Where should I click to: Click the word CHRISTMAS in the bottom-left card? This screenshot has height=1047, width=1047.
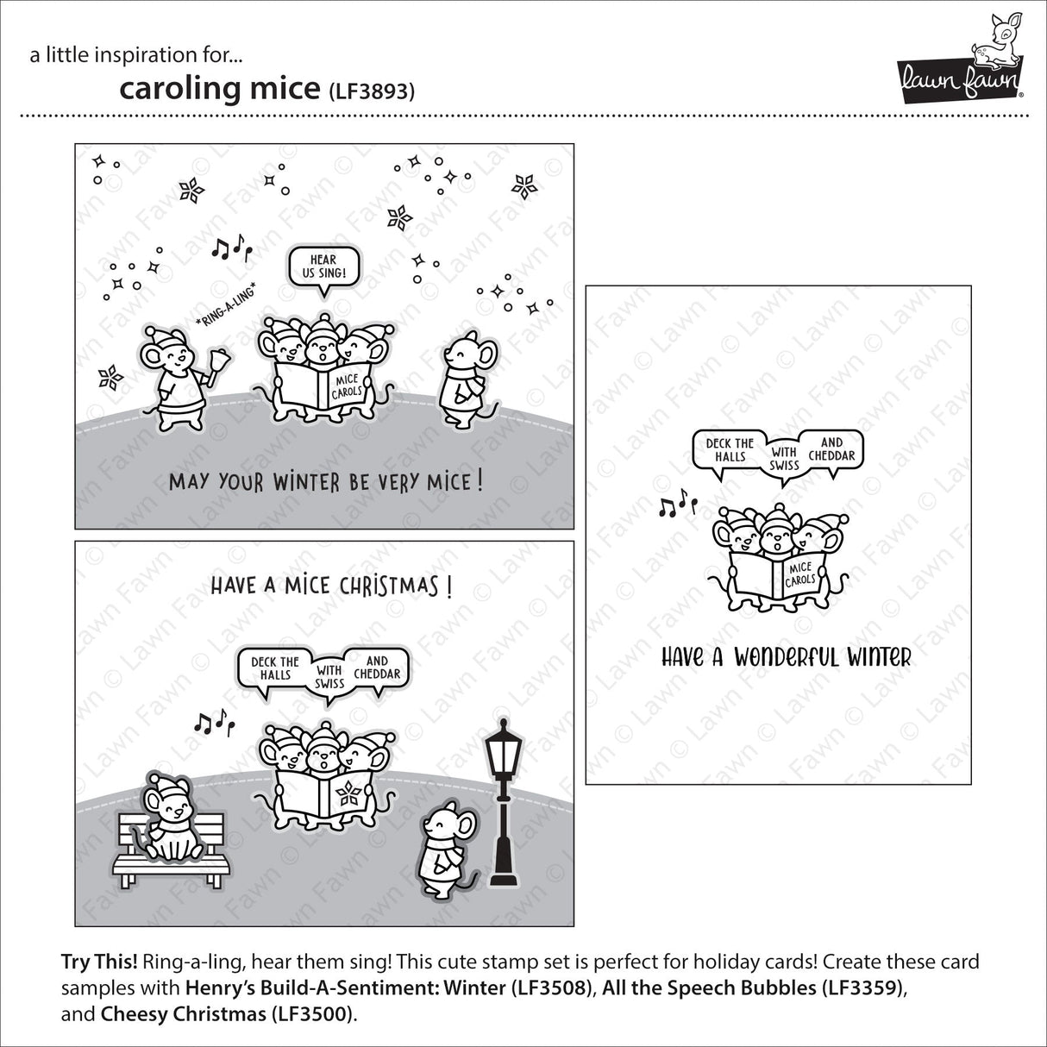point(388,586)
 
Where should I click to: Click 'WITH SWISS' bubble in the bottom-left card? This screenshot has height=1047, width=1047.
point(329,674)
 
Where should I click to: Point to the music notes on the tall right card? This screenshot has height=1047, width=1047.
point(677,505)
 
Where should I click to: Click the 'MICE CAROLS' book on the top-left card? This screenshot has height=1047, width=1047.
point(345,386)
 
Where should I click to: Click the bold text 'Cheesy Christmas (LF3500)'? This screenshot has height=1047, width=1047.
point(227,1014)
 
